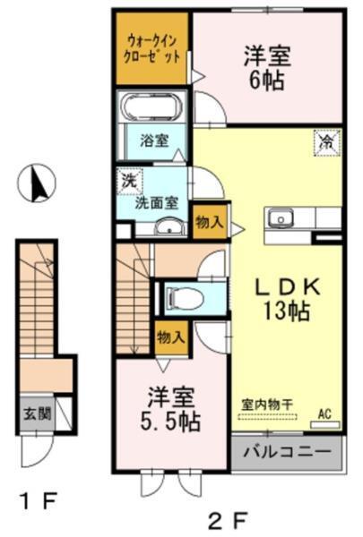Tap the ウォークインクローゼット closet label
(151, 47)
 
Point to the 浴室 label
(153, 141)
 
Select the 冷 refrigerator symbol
(327, 141)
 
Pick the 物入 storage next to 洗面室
(209, 221)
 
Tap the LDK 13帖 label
(285, 301)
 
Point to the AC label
(328, 413)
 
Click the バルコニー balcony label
(288, 454)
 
